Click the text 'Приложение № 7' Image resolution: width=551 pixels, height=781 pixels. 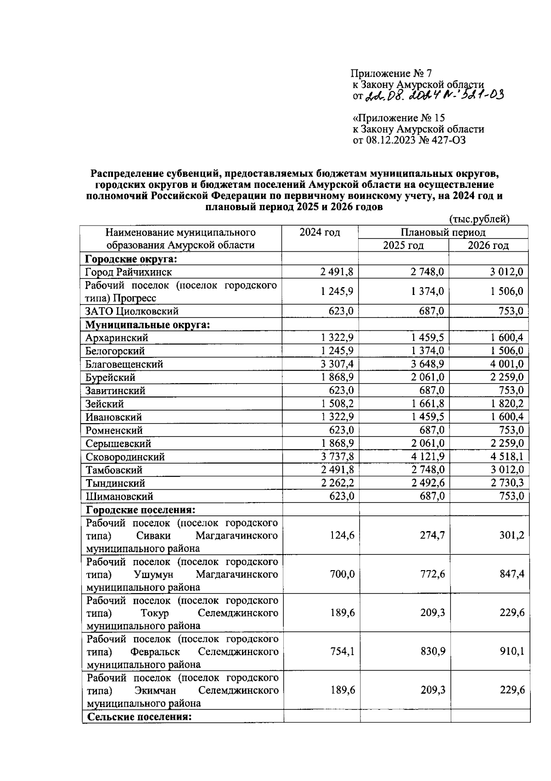[391, 73]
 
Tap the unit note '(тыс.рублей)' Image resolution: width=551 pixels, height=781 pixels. [479, 219]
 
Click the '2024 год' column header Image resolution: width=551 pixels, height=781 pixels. [320, 232]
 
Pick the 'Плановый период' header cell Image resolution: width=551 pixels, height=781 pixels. [443, 232]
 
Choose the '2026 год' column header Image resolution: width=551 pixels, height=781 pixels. [488, 245]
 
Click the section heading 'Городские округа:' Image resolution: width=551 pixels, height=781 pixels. [131, 259]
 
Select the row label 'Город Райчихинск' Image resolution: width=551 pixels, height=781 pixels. [129, 272]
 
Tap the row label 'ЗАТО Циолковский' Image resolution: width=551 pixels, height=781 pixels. [132, 311]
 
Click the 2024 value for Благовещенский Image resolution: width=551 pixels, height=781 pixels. [337, 364]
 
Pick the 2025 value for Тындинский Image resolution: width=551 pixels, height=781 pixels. [427, 483]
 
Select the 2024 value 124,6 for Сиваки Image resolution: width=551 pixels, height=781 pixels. [342, 535]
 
